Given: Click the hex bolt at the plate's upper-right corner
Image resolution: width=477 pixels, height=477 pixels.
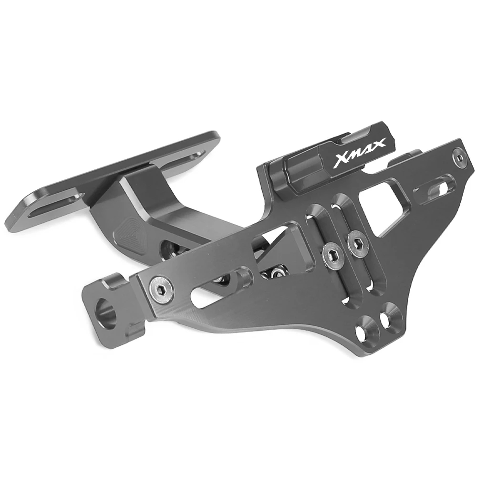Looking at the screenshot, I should (x=459, y=155).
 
